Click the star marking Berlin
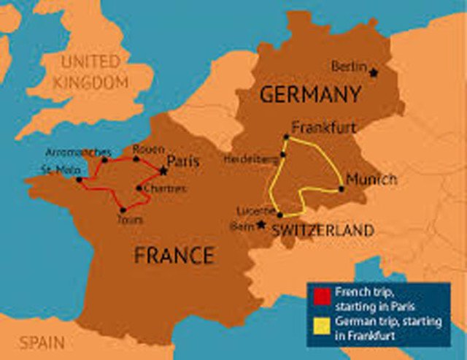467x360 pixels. pyautogui.click(x=374, y=72)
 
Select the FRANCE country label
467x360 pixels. pyautogui.click(x=174, y=256)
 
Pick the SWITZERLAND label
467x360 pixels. pyautogui.click(x=323, y=231)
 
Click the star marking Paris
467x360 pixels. pyautogui.click(x=163, y=172)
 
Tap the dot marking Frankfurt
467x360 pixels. pyautogui.click(x=287, y=137)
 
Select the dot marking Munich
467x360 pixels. pyautogui.click(x=341, y=190)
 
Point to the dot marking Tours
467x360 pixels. pyautogui.click(x=123, y=210)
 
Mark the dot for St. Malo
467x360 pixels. pyautogui.click(x=79, y=179)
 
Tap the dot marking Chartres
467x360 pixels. pyautogui.click(x=138, y=188)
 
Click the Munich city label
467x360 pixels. pyautogui.click(x=371, y=179)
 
